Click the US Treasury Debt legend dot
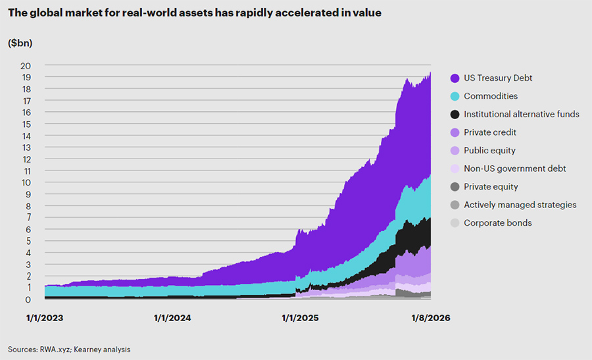click(455, 78)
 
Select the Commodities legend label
click(490, 96)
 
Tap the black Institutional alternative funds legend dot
click(455, 115)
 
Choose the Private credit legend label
click(491, 132)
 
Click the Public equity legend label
click(489, 151)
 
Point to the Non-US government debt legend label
click(514, 168)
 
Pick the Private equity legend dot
click(455, 187)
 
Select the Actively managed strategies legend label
click(520, 205)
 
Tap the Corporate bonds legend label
click(497, 223)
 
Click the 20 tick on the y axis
click(26, 66)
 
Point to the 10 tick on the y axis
click(26, 183)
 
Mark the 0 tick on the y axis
click(28, 300)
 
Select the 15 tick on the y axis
click(26, 124)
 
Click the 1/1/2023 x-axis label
click(45, 318)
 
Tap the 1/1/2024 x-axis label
click(172, 318)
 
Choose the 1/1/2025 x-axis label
click(300, 318)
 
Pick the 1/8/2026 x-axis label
click(430, 318)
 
